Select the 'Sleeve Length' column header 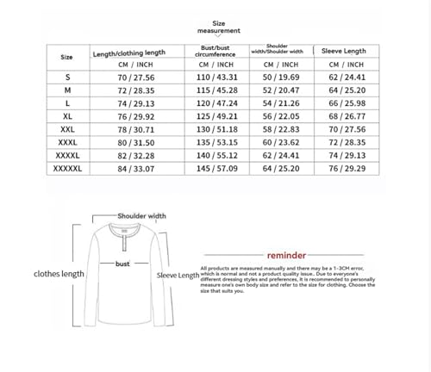click(344, 51)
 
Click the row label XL click(67, 114)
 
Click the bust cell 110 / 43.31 click(215, 77)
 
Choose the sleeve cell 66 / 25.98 click(344, 102)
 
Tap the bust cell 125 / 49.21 click(215, 114)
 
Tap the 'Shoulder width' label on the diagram click(141, 216)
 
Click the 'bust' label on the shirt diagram click(122, 264)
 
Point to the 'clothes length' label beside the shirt click(59, 274)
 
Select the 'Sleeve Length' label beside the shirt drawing click(178, 276)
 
